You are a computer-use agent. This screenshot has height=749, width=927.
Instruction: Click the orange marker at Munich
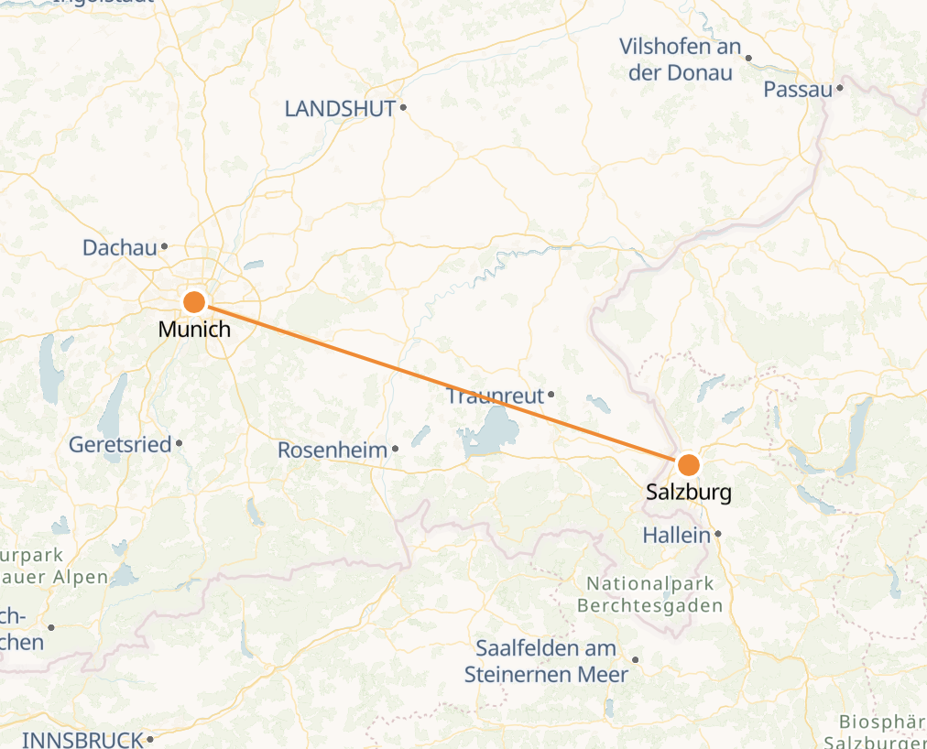pos(194,301)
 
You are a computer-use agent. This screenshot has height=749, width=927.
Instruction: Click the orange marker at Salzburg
pos(688,463)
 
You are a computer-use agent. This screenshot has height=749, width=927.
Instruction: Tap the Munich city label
pos(194,329)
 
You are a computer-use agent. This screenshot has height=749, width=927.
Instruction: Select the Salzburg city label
pos(688,492)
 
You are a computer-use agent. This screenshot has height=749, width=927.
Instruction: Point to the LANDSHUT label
pos(340,109)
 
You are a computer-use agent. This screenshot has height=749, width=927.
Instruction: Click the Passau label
pos(798,90)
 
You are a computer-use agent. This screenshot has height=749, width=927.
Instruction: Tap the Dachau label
pos(119,247)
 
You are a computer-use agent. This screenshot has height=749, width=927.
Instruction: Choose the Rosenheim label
pos(333,450)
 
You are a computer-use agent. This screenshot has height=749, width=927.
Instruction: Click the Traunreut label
pos(495,396)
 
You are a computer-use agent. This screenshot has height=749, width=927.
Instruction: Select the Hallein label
pos(677,535)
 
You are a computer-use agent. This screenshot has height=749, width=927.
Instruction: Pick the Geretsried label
pos(120,445)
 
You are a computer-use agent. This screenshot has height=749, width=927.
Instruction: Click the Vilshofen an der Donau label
pos(679,60)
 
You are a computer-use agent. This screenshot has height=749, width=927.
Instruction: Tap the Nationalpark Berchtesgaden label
pos(649,594)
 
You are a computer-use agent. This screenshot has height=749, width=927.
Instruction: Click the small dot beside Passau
pos(838,89)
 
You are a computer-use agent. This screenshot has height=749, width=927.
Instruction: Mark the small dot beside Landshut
pos(402,108)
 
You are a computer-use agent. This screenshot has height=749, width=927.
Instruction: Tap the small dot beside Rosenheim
pos(395,449)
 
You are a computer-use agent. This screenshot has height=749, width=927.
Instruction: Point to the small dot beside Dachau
pos(164,246)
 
